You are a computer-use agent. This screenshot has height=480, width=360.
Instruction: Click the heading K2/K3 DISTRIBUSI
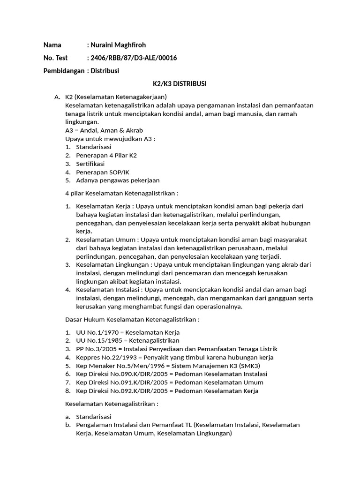(180, 84)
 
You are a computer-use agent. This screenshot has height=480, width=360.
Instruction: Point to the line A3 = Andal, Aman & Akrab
(104, 130)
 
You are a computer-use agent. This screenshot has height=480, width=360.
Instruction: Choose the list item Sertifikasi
(90, 164)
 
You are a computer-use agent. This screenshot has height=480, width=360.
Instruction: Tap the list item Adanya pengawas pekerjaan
(118, 180)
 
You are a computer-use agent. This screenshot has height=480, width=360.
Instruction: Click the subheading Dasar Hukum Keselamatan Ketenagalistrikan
(132, 319)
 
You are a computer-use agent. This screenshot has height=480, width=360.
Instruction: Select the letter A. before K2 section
(57, 97)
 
